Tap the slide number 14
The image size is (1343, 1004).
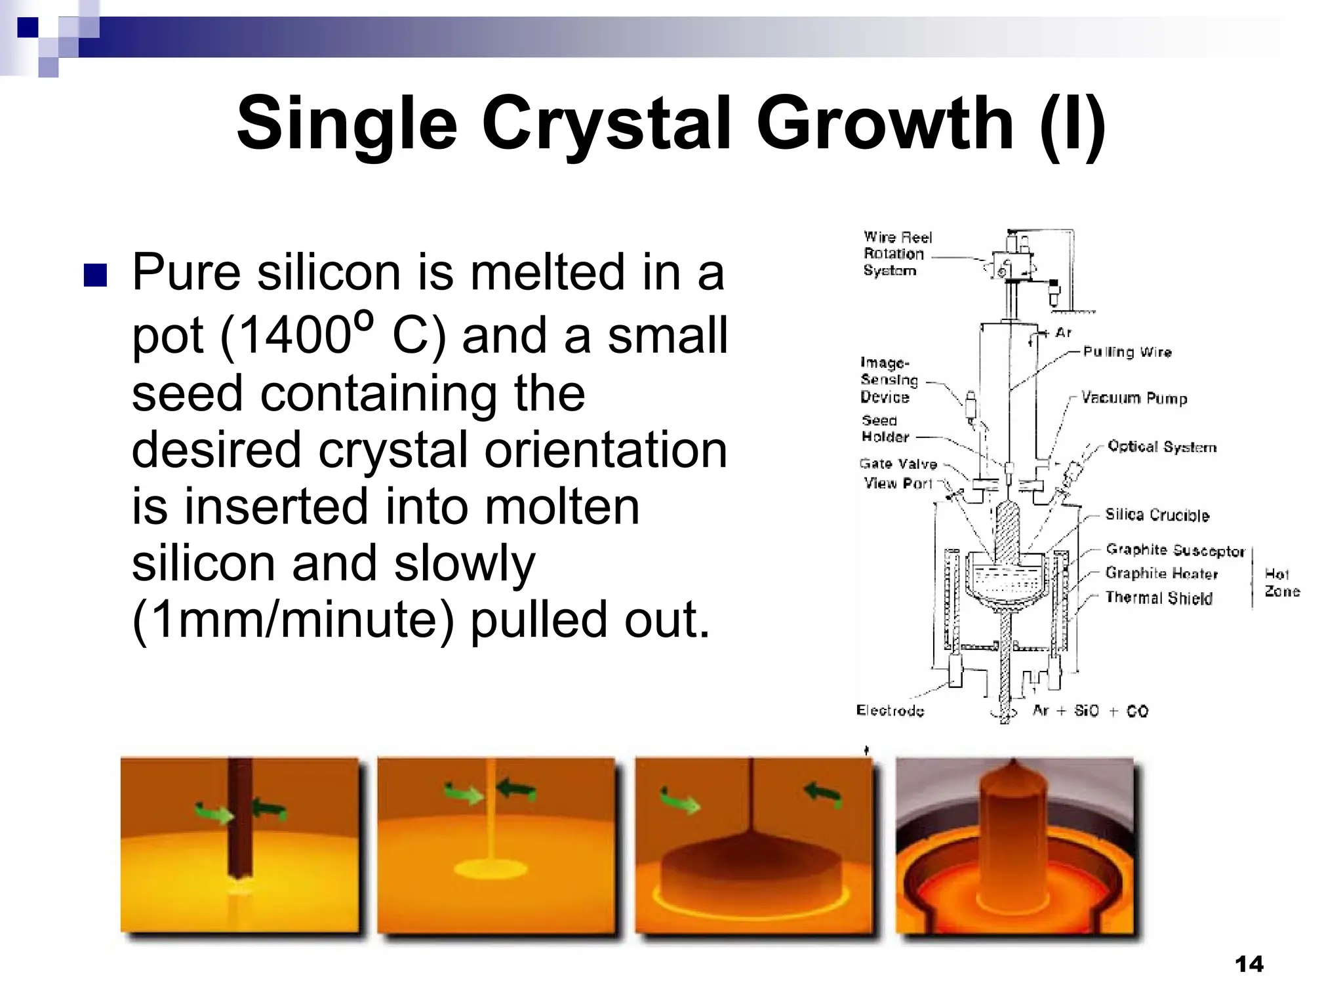[x=1249, y=964]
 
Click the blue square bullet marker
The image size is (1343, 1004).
[x=94, y=275]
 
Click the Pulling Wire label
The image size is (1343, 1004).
[x=1127, y=352]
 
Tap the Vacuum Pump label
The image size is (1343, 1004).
[x=1134, y=398]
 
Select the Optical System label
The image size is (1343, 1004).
[x=1161, y=447]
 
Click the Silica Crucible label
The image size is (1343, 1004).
[x=1157, y=515]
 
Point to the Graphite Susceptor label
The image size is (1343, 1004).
[x=1174, y=550]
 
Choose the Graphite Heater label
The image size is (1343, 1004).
[x=1161, y=573]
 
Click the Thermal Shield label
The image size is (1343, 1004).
[x=1159, y=597]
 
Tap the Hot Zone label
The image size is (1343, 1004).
[x=1281, y=582]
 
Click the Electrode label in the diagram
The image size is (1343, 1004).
[x=890, y=711]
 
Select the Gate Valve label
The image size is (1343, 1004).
[x=898, y=464]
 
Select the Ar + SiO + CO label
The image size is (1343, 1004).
[x=1090, y=711]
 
